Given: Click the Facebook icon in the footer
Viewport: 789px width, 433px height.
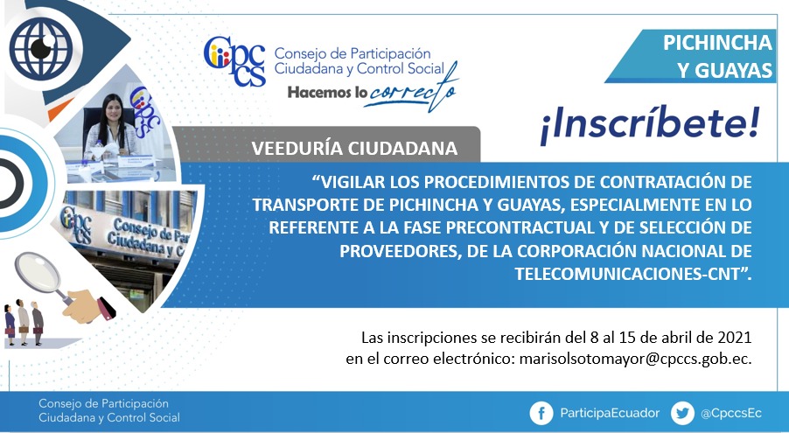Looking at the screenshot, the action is point(541,414).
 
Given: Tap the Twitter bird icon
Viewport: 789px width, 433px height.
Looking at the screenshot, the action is point(682,414).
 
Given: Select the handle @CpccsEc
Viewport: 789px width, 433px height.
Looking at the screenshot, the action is point(731,414).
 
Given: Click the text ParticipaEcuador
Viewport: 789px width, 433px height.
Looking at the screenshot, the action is point(610,414).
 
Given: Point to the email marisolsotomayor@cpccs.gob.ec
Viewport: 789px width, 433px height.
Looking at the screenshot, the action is point(635,359).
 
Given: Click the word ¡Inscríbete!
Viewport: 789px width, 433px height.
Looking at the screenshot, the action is point(649,125).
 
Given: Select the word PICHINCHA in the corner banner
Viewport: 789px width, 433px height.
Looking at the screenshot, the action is point(717,43).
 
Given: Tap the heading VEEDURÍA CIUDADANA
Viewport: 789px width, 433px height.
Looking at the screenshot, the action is point(354,148).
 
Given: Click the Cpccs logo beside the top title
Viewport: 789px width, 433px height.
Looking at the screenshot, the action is point(234,60).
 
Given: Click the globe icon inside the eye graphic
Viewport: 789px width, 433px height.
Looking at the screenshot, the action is point(41,49).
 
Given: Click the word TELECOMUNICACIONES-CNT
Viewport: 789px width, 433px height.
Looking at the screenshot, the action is point(628,274).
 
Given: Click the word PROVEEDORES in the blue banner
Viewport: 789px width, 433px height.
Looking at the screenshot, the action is point(400,251).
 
